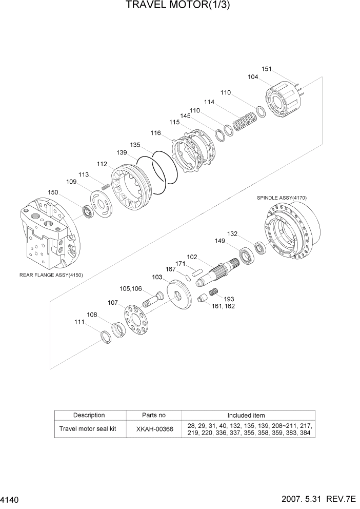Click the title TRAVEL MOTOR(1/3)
click(x=179, y=6)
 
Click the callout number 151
click(x=266, y=69)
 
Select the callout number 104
click(x=253, y=77)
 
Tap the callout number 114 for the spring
click(x=209, y=102)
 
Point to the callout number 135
click(x=135, y=145)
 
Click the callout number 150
click(x=67, y=192)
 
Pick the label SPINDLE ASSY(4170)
click(x=282, y=198)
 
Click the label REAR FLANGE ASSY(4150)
click(x=51, y=275)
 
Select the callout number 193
click(x=229, y=299)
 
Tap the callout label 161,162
click(x=223, y=306)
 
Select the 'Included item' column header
click(x=246, y=415)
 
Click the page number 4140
click(x=11, y=499)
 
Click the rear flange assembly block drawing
click(x=49, y=233)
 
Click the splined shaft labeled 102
click(x=218, y=272)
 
